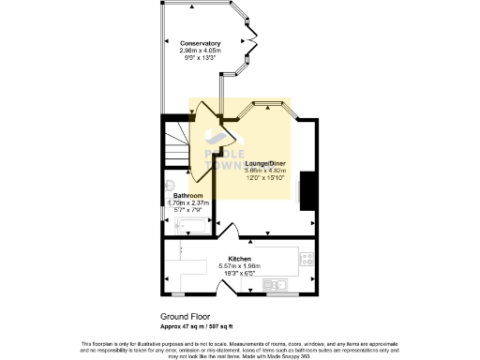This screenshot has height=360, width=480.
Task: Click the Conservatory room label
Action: click(x=202, y=43)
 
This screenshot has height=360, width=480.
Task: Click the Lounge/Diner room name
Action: click(x=265, y=163)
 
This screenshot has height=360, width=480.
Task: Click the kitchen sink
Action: click(x=278, y=284)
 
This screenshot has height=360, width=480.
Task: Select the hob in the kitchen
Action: click(x=306, y=261)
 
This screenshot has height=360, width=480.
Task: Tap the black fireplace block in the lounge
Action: click(x=302, y=191)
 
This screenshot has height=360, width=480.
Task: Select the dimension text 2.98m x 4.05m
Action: click(x=202, y=51)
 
